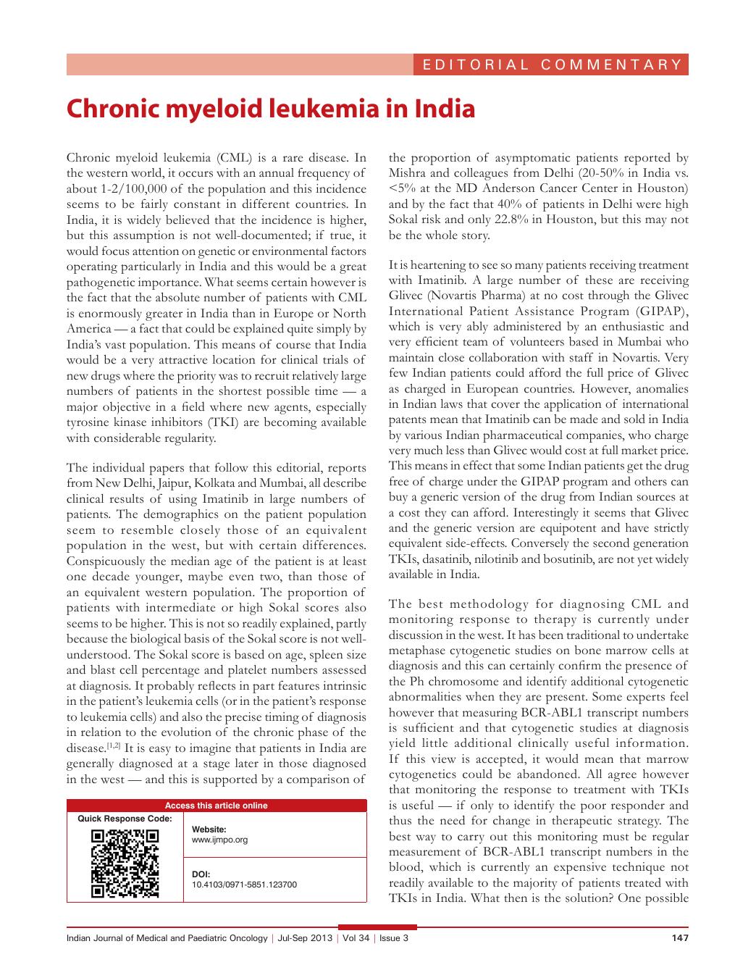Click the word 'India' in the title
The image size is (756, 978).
pyautogui.click(x=444, y=109)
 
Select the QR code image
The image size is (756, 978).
pyautogui.click(x=125, y=864)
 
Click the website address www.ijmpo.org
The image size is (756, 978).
pyautogui.click(x=219, y=840)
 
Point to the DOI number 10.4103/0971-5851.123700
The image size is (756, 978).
pyautogui.click(x=244, y=885)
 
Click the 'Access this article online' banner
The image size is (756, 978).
pyautogui.click(x=217, y=805)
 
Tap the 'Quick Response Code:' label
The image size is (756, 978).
pyautogui.click(x=125, y=819)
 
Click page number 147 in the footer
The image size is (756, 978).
pyautogui.click(x=679, y=938)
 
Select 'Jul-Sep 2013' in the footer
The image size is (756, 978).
pyautogui.click(x=305, y=938)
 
